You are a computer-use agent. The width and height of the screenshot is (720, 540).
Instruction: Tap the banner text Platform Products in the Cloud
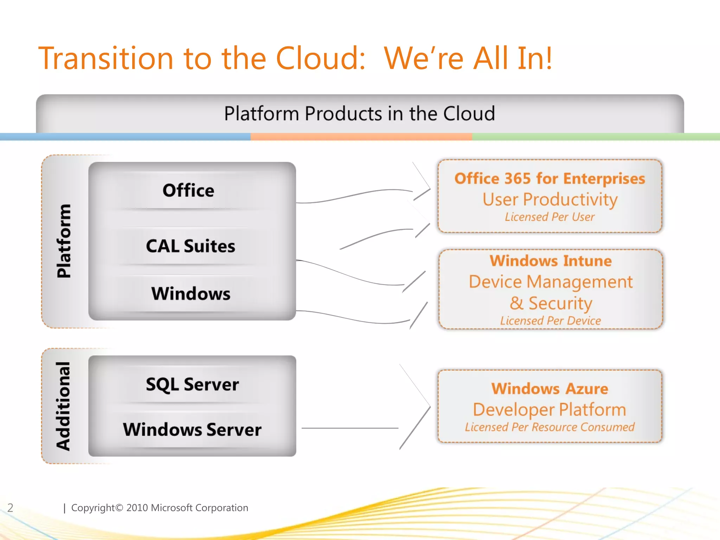(360, 114)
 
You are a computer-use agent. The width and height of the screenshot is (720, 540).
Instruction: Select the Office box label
(188, 191)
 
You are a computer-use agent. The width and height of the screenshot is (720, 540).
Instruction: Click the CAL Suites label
(191, 246)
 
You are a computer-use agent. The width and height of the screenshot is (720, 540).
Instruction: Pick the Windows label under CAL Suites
(191, 294)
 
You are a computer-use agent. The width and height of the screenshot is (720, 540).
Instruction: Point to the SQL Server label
(192, 384)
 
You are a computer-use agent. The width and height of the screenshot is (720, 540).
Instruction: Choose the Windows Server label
(192, 430)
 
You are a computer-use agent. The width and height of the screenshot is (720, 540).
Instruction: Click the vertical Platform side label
(64, 241)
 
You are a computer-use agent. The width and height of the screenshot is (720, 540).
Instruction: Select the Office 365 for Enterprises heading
(550, 179)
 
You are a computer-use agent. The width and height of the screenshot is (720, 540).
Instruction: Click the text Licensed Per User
(550, 217)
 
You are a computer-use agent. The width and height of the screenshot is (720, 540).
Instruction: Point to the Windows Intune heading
(551, 261)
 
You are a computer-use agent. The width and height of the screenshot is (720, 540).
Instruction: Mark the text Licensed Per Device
(551, 321)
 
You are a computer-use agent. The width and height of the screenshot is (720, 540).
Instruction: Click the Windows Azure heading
(550, 389)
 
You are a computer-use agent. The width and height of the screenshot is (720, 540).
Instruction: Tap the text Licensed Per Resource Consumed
(550, 427)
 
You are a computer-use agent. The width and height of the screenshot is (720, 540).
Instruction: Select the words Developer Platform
(550, 410)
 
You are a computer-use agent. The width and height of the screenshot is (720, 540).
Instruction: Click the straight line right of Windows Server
(350, 428)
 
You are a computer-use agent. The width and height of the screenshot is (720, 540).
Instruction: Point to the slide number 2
(11, 508)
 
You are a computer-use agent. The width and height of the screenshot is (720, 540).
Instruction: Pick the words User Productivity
(550, 199)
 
